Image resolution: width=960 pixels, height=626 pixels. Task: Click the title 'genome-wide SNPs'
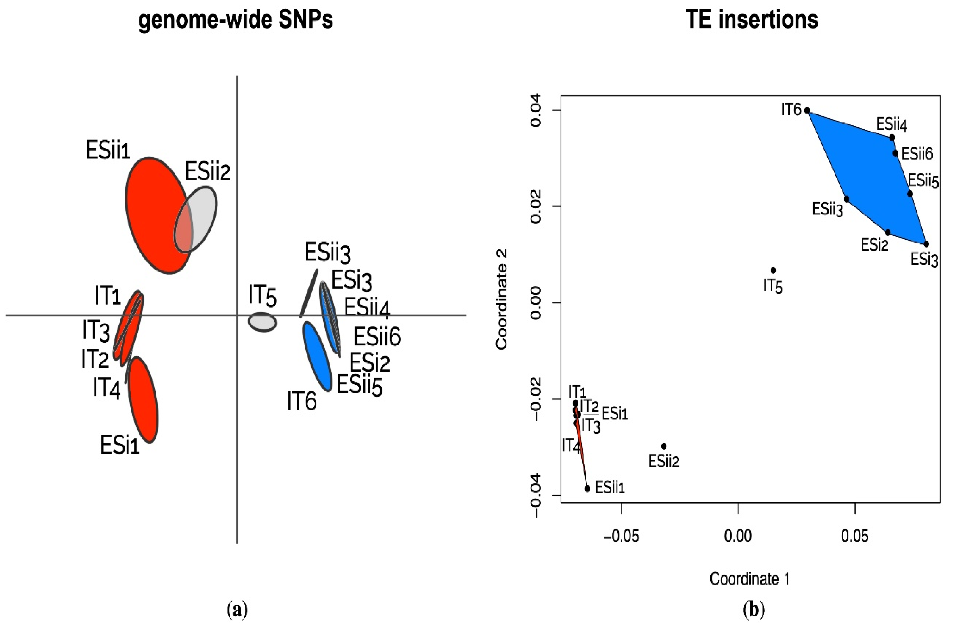coord(236,19)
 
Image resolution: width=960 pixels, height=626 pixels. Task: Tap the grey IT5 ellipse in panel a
coord(262,322)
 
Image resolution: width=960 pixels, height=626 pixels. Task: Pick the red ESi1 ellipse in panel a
coord(143,400)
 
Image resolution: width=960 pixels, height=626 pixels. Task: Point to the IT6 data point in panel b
coord(807,110)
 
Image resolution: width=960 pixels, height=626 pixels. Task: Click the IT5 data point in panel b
coord(773,270)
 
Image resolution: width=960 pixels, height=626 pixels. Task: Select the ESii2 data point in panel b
coord(664,446)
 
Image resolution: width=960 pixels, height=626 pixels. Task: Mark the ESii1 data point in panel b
coord(587,488)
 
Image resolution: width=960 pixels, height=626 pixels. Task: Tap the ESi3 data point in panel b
coord(926,244)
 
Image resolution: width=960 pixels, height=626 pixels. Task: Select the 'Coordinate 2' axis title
coord(501,299)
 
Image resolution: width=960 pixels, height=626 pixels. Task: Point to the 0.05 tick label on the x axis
coord(854,537)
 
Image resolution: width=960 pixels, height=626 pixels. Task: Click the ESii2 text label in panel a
coord(208,172)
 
